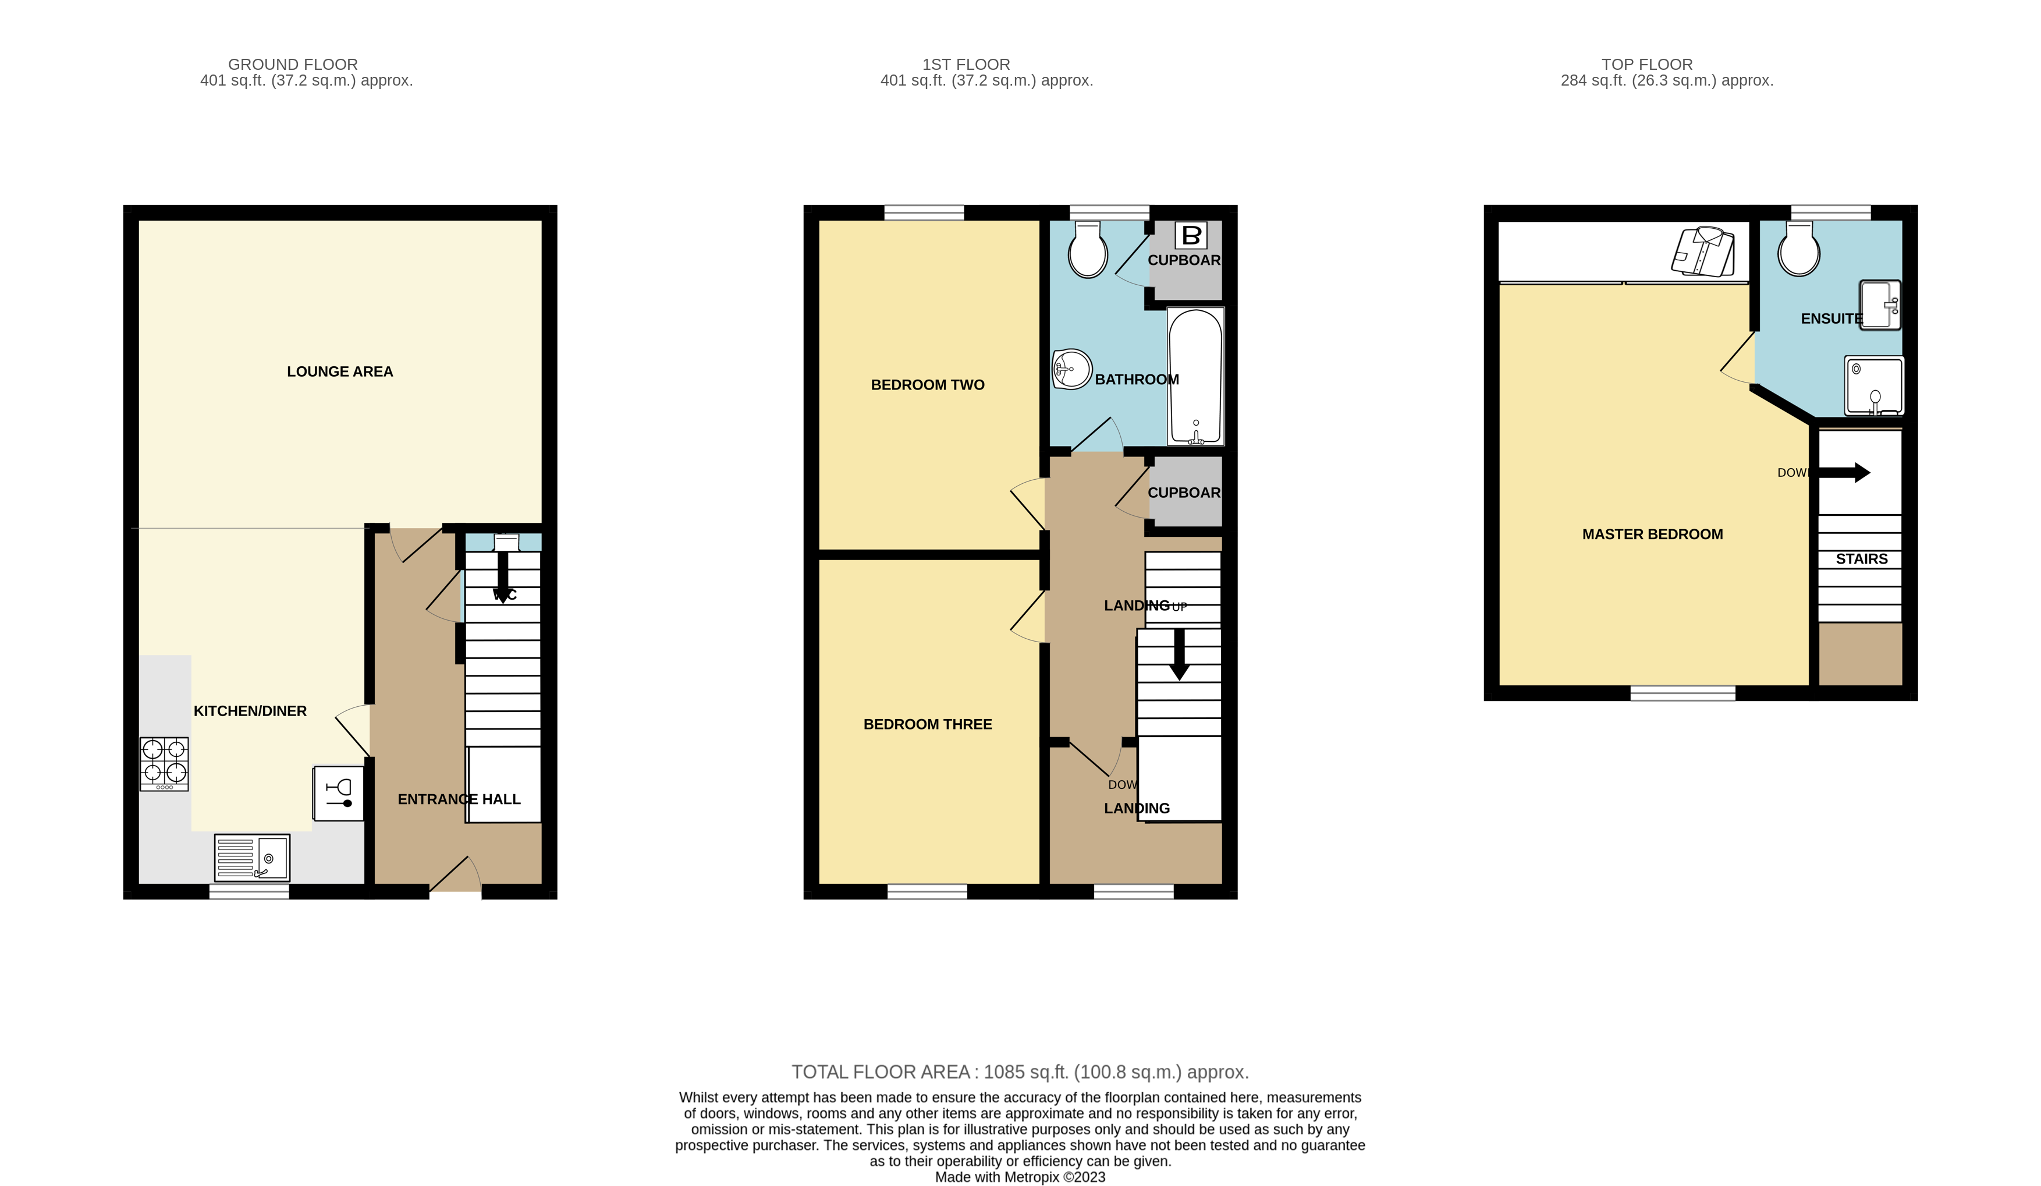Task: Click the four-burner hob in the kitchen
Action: point(165,763)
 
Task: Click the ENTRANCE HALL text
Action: point(459,799)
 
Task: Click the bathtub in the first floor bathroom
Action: point(1195,377)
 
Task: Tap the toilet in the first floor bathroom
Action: point(1087,250)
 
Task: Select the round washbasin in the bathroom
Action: point(1071,369)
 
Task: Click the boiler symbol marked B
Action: point(1191,236)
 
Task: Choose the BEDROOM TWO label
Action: point(927,385)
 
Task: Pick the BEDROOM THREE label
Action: point(927,724)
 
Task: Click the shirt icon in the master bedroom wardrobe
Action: point(1704,251)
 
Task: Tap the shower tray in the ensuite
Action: point(1874,385)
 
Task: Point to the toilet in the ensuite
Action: point(1798,250)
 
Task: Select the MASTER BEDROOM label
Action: point(1652,534)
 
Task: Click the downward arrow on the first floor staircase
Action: point(1179,654)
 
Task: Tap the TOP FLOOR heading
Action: point(1646,64)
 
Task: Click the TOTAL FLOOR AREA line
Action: point(1020,1072)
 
